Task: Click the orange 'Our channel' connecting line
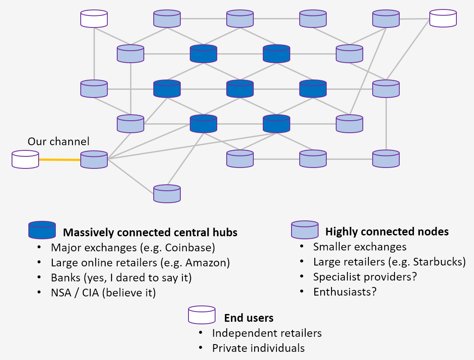point(60,160)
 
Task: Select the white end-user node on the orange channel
point(25,159)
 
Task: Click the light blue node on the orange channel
point(94,159)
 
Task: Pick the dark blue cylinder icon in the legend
point(42,230)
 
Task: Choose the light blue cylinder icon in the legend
point(305,230)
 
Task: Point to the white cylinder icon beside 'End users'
point(201,315)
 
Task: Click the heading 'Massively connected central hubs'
point(150,232)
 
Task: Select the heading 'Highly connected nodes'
point(387,232)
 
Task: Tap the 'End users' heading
point(249,318)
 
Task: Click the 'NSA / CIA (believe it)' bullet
point(103,293)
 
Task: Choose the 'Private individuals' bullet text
point(258,348)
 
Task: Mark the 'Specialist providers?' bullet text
point(365,277)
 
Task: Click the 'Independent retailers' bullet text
point(267,333)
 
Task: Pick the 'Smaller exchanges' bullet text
point(359,247)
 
